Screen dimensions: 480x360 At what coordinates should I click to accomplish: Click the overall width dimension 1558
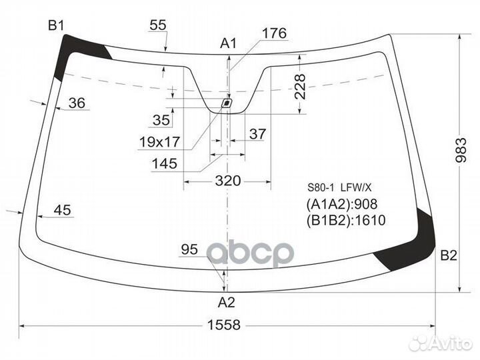(224, 325)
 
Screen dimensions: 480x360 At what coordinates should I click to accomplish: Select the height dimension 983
(461, 150)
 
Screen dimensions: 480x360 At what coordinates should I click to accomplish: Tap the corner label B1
(56, 25)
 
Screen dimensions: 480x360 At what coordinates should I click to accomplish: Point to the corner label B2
(449, 255)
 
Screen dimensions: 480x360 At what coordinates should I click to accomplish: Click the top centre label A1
(229, 43)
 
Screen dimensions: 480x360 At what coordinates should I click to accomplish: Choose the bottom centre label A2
(227, 303)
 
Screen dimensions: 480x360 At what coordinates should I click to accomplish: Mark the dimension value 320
(228, 181)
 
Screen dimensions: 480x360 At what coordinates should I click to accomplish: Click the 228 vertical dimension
(300, 87)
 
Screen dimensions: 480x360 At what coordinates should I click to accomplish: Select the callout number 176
(274, 33)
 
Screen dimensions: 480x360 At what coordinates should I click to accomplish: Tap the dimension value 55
(158, 25)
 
